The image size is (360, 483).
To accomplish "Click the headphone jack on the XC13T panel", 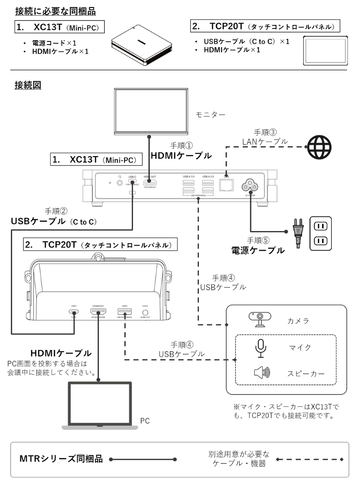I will (x=119, y=183).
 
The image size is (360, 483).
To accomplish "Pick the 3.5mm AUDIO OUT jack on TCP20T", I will (x=146, y=312).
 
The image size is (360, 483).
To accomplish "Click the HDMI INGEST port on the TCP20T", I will (x=98, y=312).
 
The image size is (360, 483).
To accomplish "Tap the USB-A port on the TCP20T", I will (x=123, y=312).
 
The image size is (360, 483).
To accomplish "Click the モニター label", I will (x=210, y=115).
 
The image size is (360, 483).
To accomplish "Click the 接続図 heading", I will (x=28, y=86).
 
